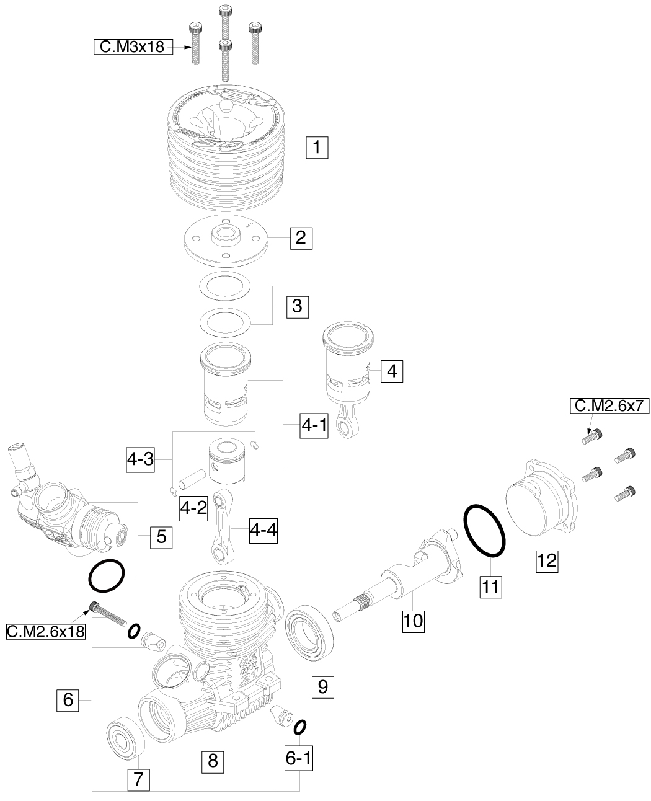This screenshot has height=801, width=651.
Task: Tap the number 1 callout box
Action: tap(316, 148)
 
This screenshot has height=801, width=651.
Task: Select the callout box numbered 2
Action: tap(301, 237)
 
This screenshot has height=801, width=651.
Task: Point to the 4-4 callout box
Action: tap(264, 530)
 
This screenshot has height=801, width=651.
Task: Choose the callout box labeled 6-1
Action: tap(299, 758)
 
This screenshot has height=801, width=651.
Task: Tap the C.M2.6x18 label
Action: tap(45, 632)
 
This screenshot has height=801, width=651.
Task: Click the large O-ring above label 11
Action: tap(484, 530)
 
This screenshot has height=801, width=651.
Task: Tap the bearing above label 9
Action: tap(310, 630)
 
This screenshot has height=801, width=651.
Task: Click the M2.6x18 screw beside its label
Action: tap(108, 614)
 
